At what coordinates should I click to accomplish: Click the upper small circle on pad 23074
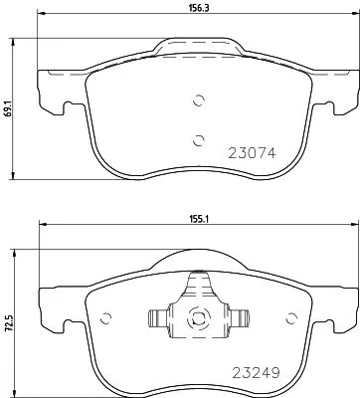point(197,99)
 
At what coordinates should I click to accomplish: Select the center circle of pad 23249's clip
point(196,318)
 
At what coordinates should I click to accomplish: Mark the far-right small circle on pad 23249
point(292,318)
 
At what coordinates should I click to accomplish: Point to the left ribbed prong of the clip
point(157,318)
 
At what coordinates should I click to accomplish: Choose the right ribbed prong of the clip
point(236,318)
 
